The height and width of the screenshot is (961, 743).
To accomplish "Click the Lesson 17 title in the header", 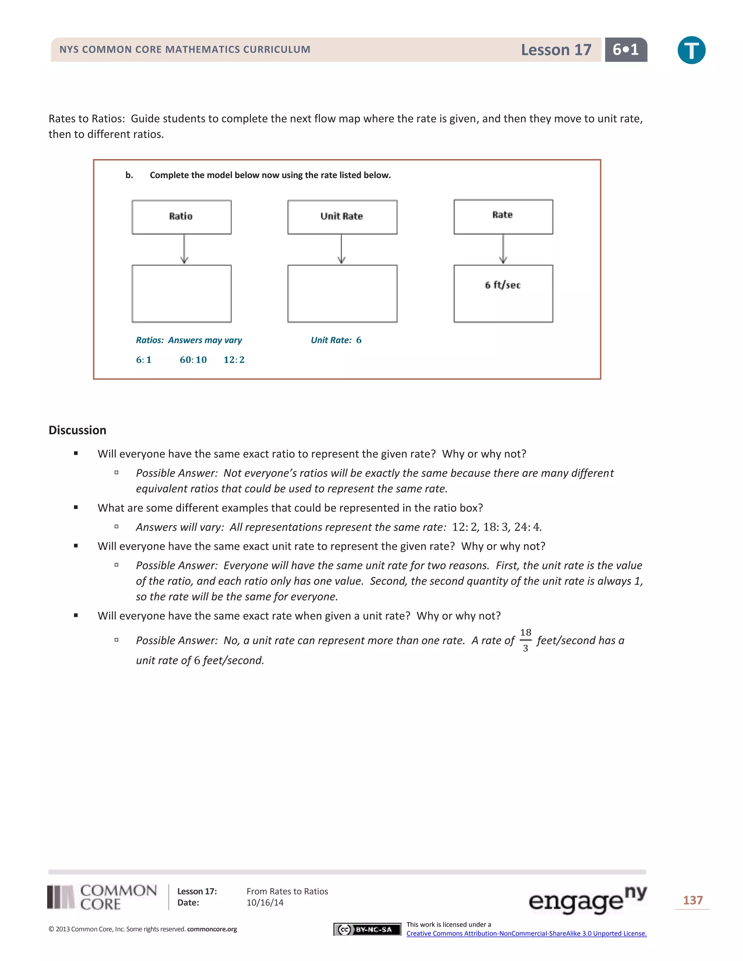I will [x=556, y=50].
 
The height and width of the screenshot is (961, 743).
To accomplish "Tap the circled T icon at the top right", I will [x=691, y=50].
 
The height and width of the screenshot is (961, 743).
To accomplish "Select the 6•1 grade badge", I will [x=625, y=50].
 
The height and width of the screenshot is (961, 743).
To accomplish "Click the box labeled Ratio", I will [x=181, y=217].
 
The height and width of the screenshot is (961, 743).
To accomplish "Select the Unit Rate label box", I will [x=342, y=217].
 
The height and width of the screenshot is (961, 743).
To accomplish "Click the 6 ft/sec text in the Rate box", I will [x=503, y=285].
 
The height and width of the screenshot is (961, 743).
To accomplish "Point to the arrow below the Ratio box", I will [x=184, y=249].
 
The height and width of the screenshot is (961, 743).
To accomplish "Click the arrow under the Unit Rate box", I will [x=341, y=249].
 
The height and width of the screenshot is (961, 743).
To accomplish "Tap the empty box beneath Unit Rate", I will [x=342, y=293].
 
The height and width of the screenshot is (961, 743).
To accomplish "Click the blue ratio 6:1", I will [x=144, y=360].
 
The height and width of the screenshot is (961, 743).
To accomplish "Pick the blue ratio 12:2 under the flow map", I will [x=234, y=360].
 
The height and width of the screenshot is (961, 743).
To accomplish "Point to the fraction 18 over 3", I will [x=525, y=640].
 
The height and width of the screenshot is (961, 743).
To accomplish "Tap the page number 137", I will [x=692, y=900].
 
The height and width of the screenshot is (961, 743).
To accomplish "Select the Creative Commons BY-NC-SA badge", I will [x=367, y=929].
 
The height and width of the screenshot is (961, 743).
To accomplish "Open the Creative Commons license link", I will [x=526, y=933].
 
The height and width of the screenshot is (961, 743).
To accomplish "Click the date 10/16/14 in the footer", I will [x=265, y=903].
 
